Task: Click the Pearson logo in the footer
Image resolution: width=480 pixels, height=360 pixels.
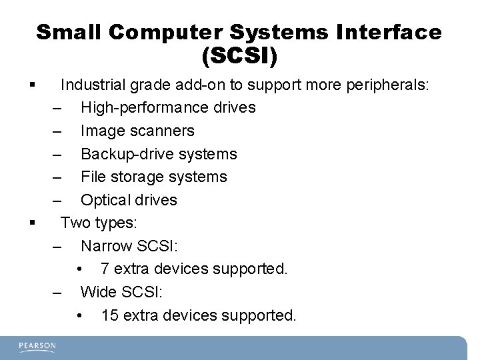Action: [x=37, y=346]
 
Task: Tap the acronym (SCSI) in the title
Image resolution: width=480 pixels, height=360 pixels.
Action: [x=239, y=57]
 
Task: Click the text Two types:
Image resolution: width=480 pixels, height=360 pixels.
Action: [x=98, y=223]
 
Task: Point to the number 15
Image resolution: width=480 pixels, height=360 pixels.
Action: [x=109, y=315]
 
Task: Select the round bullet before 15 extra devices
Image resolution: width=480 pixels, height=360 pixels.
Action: [x=79, y=315]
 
